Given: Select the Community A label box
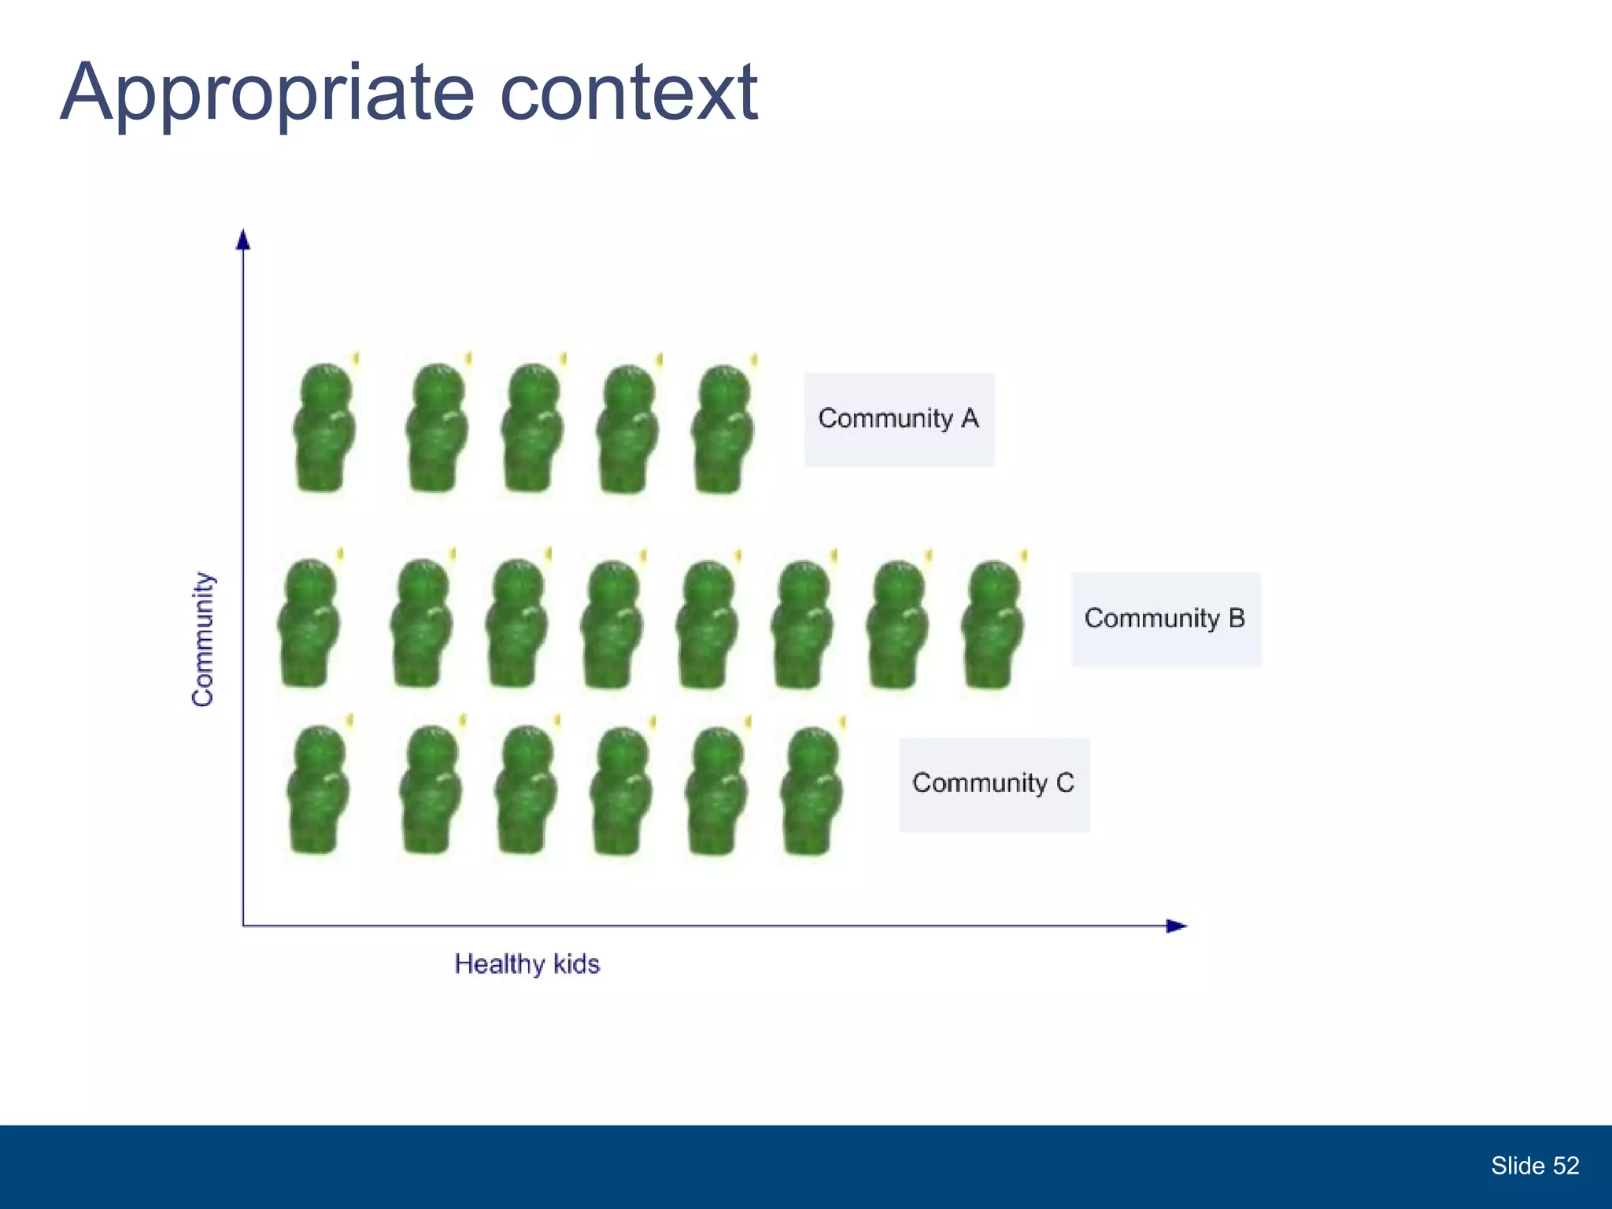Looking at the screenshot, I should (x=899, y=419).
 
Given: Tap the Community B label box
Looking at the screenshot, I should (x=1165, y=619).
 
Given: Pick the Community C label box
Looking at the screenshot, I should (x=993, y=784).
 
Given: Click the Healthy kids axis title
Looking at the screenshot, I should (x=527, y=964).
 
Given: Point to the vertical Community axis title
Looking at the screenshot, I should (x=203, y=638).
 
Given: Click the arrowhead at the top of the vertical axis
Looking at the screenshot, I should (x=243, y=239).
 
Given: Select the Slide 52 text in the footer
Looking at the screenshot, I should (x=1534, y=1166).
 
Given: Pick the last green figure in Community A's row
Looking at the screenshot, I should (x=722, y=429).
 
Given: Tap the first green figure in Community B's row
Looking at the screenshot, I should (x=309, y=623).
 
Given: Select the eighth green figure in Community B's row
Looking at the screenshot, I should (x=992, y=624).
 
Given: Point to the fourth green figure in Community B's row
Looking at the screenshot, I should (x=612, y=624).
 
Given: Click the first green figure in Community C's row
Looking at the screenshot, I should (x=318, y=789).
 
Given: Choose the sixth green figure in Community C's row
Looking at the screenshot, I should (x=812, y=791).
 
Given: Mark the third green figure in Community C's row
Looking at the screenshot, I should (x=526, y=790).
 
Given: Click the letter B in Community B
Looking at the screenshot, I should (x=1236, y=618).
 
